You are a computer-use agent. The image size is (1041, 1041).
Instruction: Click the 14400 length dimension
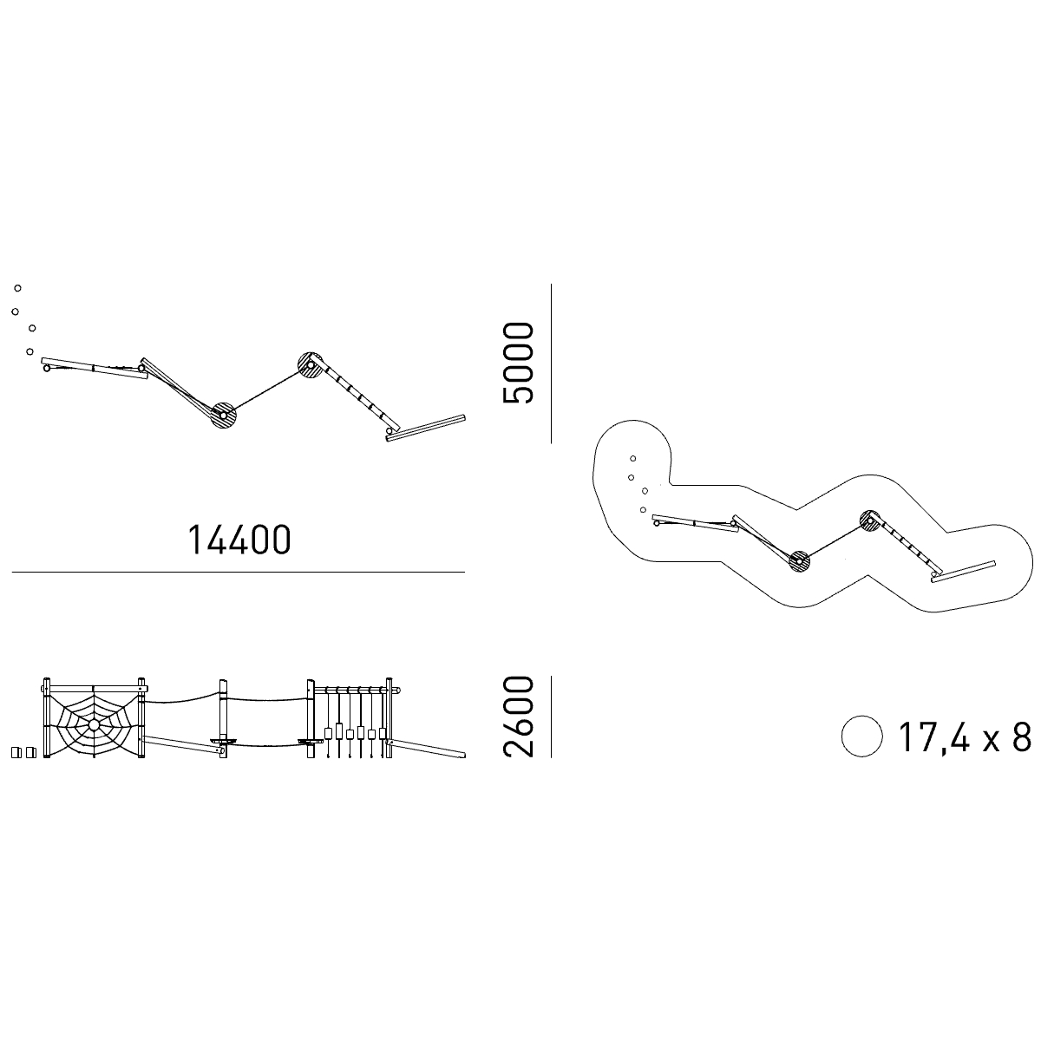(239, 540)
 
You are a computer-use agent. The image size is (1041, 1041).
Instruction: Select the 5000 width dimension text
(518, 363)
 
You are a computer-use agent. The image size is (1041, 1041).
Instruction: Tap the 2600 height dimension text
(518, 716)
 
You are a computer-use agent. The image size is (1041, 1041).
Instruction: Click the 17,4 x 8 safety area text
(965, 737)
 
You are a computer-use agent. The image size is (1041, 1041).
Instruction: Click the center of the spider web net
(94, 724)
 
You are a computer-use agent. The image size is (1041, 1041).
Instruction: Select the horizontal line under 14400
(239, 572)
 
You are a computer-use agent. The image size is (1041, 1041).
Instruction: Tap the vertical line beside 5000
(551, 363)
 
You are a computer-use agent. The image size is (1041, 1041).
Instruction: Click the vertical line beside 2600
(551, 717)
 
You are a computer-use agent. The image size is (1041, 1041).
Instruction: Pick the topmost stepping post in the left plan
(18, 288)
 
